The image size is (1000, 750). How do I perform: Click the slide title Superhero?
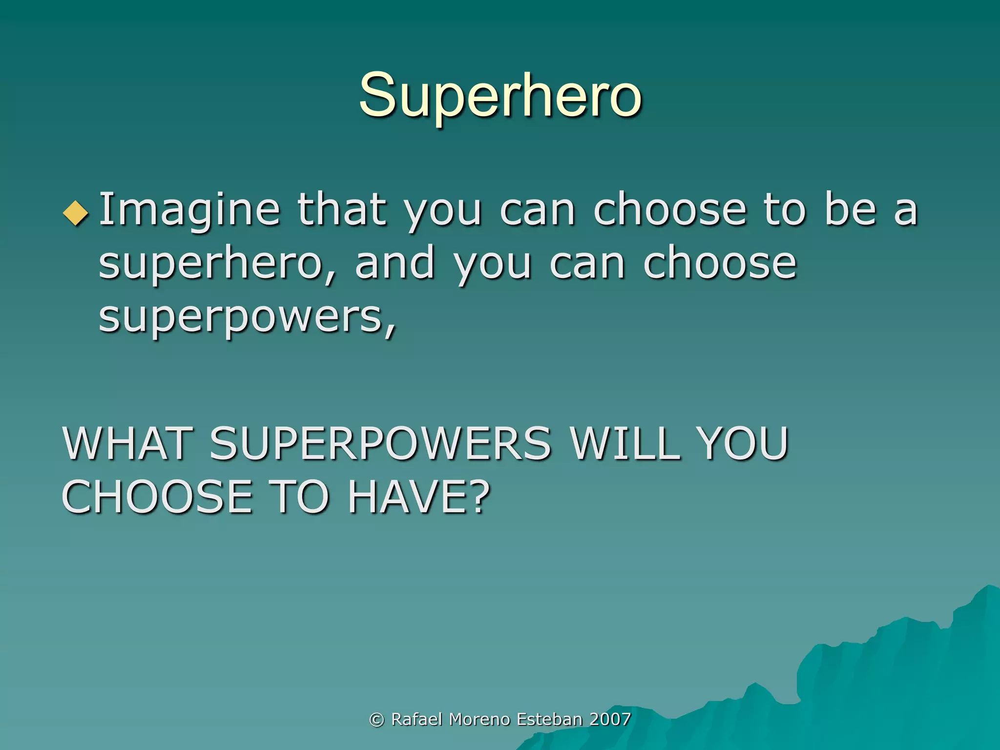click(500, 95)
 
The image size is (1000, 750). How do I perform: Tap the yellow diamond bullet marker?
click(76, 213)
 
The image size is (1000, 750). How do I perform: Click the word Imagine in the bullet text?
click(189, 210)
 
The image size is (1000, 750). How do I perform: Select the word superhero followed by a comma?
click(217, 264)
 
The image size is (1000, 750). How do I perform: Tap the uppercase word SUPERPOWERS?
click(380, 443)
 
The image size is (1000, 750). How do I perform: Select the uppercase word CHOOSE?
click(157, 497)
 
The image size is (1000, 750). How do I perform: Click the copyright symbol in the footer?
click(376, 719)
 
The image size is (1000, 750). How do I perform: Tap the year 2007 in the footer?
click(610, 719)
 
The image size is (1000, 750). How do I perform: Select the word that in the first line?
click(342, 210)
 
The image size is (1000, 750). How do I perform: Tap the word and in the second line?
click(395, 264)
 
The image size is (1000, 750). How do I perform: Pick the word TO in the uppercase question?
click(299, 497)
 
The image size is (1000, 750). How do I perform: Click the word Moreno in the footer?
click(479, 719)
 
